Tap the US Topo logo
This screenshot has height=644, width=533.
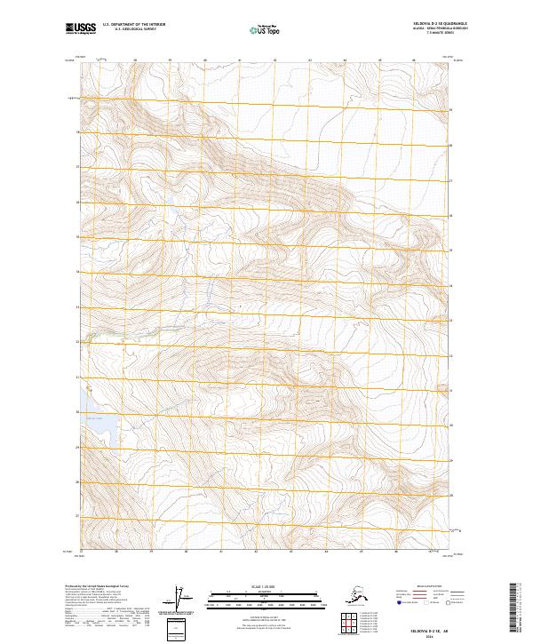pos(266,29)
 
